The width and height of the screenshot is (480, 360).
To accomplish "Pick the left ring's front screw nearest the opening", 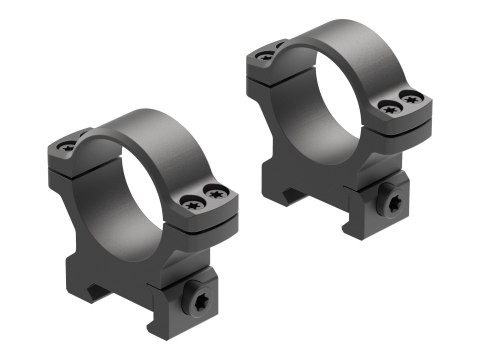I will pyautogui.click(x=190, y=203).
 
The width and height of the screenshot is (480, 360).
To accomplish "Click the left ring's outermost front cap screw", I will pyautogui.click(x=213, y=194).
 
